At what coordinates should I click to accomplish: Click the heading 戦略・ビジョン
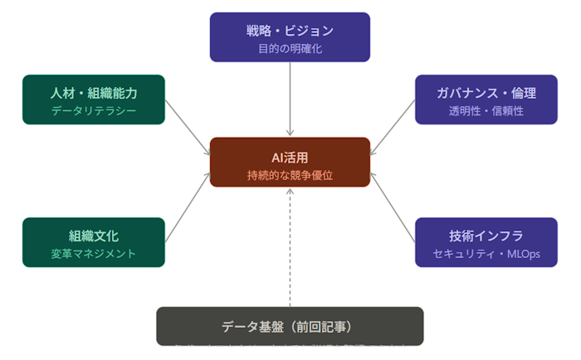(290, 31)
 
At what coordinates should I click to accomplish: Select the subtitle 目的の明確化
(290, 49)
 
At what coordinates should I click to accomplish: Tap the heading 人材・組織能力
(94, 92)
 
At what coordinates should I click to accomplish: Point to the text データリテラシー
(94, 110)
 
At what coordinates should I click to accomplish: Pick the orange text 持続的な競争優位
(290, 175)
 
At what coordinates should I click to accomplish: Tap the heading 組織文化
(94, 235)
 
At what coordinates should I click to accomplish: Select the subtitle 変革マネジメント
(94, 253)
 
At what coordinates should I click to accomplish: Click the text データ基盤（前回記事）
(290, 326)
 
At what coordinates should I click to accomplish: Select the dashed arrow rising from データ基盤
(290, 249)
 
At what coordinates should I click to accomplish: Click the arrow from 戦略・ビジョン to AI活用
(290, 98)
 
